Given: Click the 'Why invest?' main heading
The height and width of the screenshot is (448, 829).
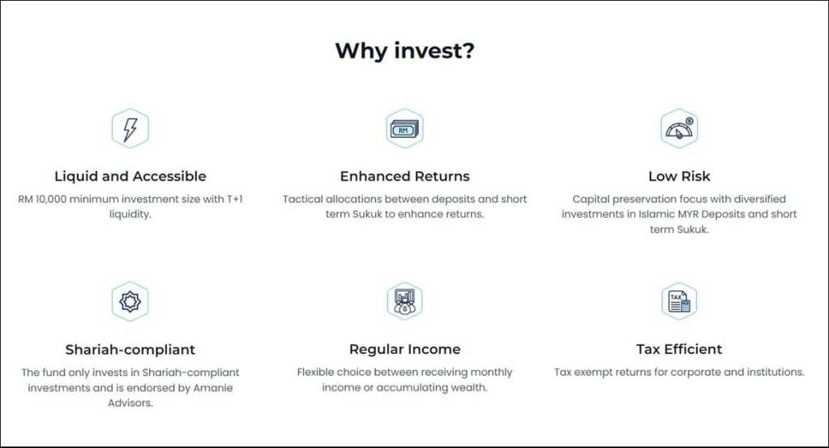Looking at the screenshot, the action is [405, 51].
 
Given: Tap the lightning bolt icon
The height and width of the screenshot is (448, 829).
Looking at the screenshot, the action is [130, 128].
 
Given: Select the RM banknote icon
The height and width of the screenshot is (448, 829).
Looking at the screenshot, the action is [404, 128].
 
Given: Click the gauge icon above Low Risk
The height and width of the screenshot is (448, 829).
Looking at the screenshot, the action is [679, 128].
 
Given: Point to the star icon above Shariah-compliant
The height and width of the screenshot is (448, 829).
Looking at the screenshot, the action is [130, 301].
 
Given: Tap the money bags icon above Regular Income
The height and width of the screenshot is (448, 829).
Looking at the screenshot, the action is [404, 301].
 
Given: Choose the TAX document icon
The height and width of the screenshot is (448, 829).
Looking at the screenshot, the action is [679, 301].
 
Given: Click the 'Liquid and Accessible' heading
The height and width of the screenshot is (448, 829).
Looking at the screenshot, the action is [130, 177].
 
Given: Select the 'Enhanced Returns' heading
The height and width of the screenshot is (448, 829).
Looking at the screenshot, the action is [404, 177].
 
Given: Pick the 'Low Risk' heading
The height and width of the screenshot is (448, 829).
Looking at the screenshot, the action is [679, 177].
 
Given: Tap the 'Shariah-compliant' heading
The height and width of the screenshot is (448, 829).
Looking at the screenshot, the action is [130, 350].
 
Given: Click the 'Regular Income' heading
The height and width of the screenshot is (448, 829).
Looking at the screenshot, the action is [404, 349].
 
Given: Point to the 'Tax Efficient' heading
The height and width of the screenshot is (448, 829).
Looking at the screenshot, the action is [679, 349].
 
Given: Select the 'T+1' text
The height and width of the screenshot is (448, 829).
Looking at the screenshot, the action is [235, 199].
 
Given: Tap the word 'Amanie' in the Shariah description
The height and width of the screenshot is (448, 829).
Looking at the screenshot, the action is [212, 388].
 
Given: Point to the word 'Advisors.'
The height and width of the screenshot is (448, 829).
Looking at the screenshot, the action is [130, 403].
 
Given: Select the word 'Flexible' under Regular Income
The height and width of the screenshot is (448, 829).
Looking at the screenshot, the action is [315, 372].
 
